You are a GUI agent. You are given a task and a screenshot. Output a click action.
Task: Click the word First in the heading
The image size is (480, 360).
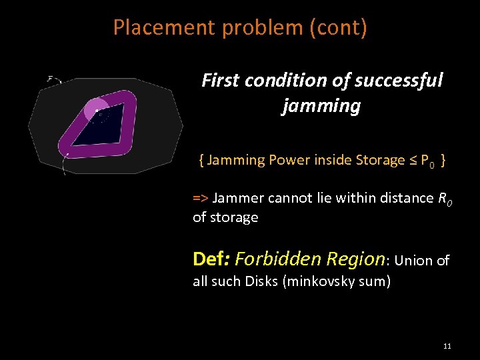(220, 81)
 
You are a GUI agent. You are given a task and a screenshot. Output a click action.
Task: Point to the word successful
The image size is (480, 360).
(399, 81)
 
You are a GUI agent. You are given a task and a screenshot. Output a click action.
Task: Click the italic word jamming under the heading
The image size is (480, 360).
(321, 105)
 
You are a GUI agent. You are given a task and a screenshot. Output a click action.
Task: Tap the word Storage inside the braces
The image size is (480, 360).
(379, 160)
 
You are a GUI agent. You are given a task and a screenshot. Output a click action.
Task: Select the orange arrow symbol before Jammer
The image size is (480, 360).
(200, 197)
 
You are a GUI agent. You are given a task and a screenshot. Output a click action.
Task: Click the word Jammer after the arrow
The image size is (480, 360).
(238, 197)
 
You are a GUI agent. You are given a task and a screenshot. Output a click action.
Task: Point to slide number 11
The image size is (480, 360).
(447, 346)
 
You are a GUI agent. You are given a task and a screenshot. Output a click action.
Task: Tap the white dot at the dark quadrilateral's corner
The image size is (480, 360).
(97, 111)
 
